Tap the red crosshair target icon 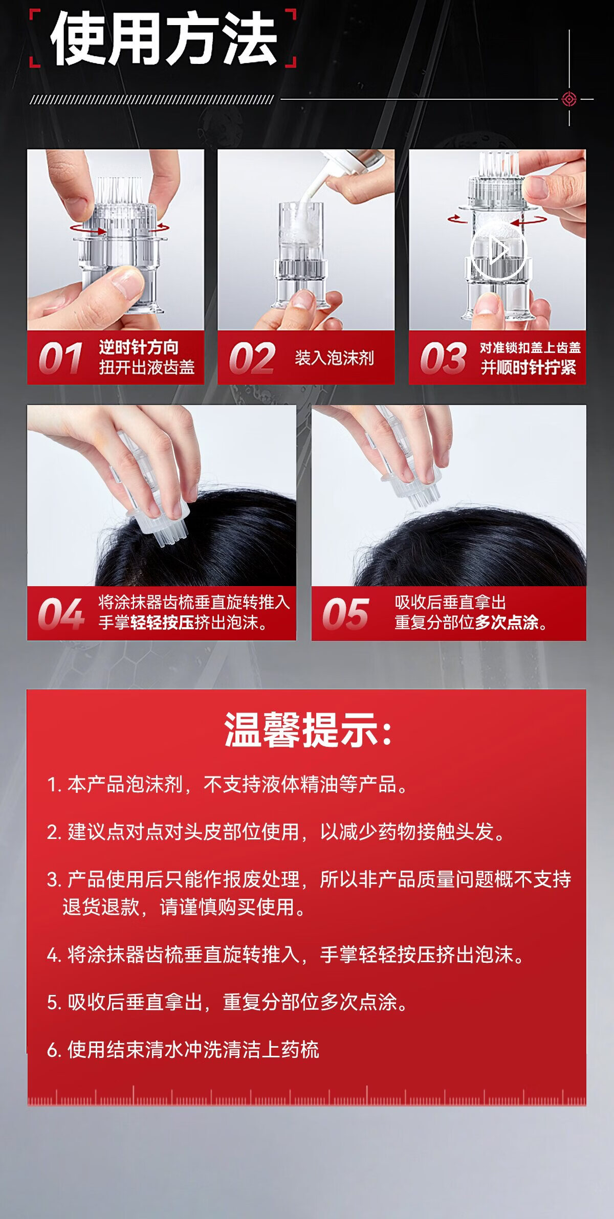tap(569, 99)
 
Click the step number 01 tap(60, 358)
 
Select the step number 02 tap(252, 358)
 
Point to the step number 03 tap(443, 358)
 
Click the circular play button tap(497, 250)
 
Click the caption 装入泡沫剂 tap(334, 358)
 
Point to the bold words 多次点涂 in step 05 tap(507, 622)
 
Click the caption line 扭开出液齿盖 tap(147, 367)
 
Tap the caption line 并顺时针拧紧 tap(528, 367)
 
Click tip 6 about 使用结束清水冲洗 tap(183, 1049)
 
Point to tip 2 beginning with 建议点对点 tap(277, 831)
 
